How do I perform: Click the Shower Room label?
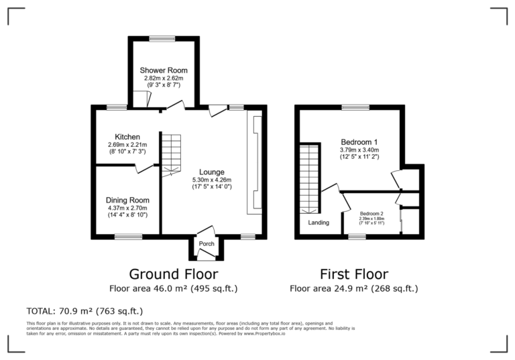point(164,70)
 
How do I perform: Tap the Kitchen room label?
point(127,137)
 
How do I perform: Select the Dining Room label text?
point(127,200)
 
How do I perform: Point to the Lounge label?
point(211,172)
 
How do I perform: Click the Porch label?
point(207,243)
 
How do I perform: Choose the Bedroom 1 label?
point(359,142)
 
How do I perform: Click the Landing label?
point(319,223)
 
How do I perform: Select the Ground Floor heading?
point(173,274)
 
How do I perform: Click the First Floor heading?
point(353,274)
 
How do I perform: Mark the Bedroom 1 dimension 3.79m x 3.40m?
point(359,151)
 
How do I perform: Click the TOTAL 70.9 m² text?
point(84,311)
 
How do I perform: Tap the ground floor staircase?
point(171,152)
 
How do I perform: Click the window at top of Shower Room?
point(162,39)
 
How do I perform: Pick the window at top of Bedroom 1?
point(355,107)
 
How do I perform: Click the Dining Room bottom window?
point(127,236)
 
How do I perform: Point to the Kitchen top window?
point(117,107)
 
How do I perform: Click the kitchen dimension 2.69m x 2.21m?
point(127,145)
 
